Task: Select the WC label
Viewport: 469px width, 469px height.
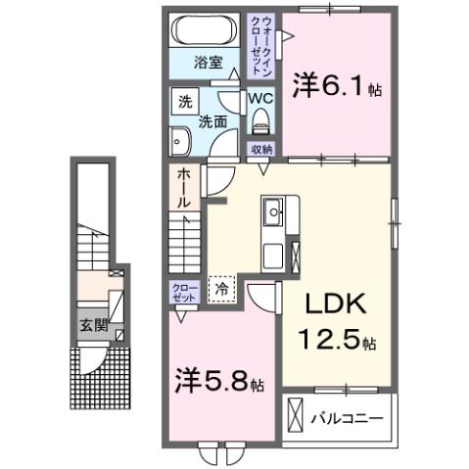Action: (x=259, y=99)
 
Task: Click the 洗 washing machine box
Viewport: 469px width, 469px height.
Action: (x=184, y=101)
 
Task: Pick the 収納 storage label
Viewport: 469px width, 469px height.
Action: (x=260, y=149)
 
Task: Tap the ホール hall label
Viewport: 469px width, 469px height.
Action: (x=184, y=187)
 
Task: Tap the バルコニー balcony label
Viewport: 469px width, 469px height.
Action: (x=348, y=418)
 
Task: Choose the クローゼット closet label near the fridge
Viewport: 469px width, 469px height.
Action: (x=183, y=292)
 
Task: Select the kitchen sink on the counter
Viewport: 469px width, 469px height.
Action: (x=272, y=210)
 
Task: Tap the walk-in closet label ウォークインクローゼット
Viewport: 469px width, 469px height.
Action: (x=263, y=46)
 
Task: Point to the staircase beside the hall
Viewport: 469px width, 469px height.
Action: (x=184, y=238)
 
